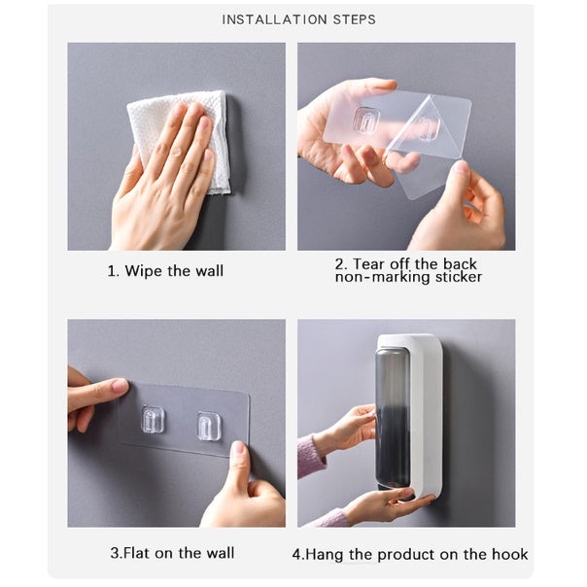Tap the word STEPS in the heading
355,19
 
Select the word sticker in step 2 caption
459,277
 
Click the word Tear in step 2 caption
368,264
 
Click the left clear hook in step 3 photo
153,419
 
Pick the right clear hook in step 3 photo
208,426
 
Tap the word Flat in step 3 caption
136,553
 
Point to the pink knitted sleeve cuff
311,457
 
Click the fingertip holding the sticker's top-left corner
119,385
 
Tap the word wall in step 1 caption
209,271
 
